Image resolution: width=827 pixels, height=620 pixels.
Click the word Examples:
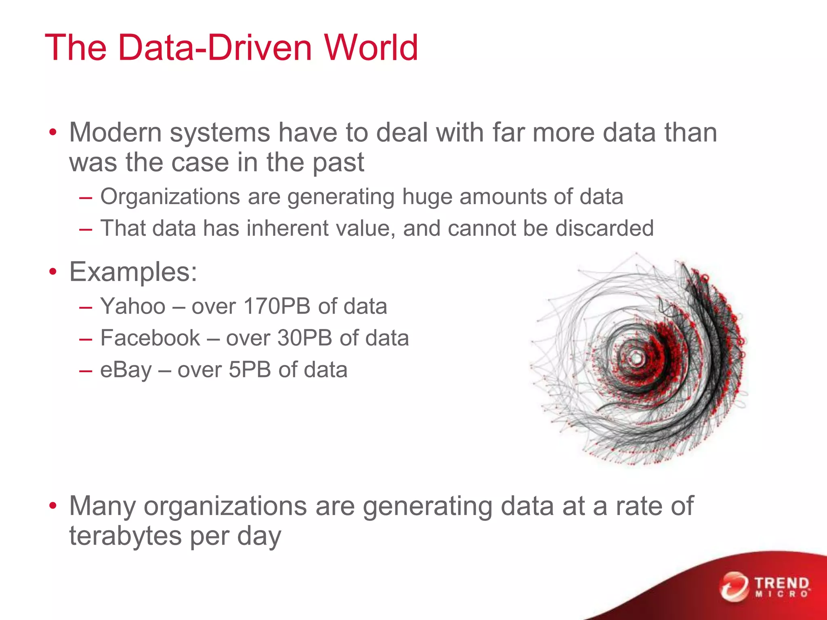pos(133,272)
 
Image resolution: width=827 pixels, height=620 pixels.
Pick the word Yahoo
pos(133,306)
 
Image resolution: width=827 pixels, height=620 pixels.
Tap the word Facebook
pos(150,338)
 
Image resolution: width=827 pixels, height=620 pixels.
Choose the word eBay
pos(126,370)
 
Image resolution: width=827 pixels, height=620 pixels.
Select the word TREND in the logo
pos(782,583)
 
